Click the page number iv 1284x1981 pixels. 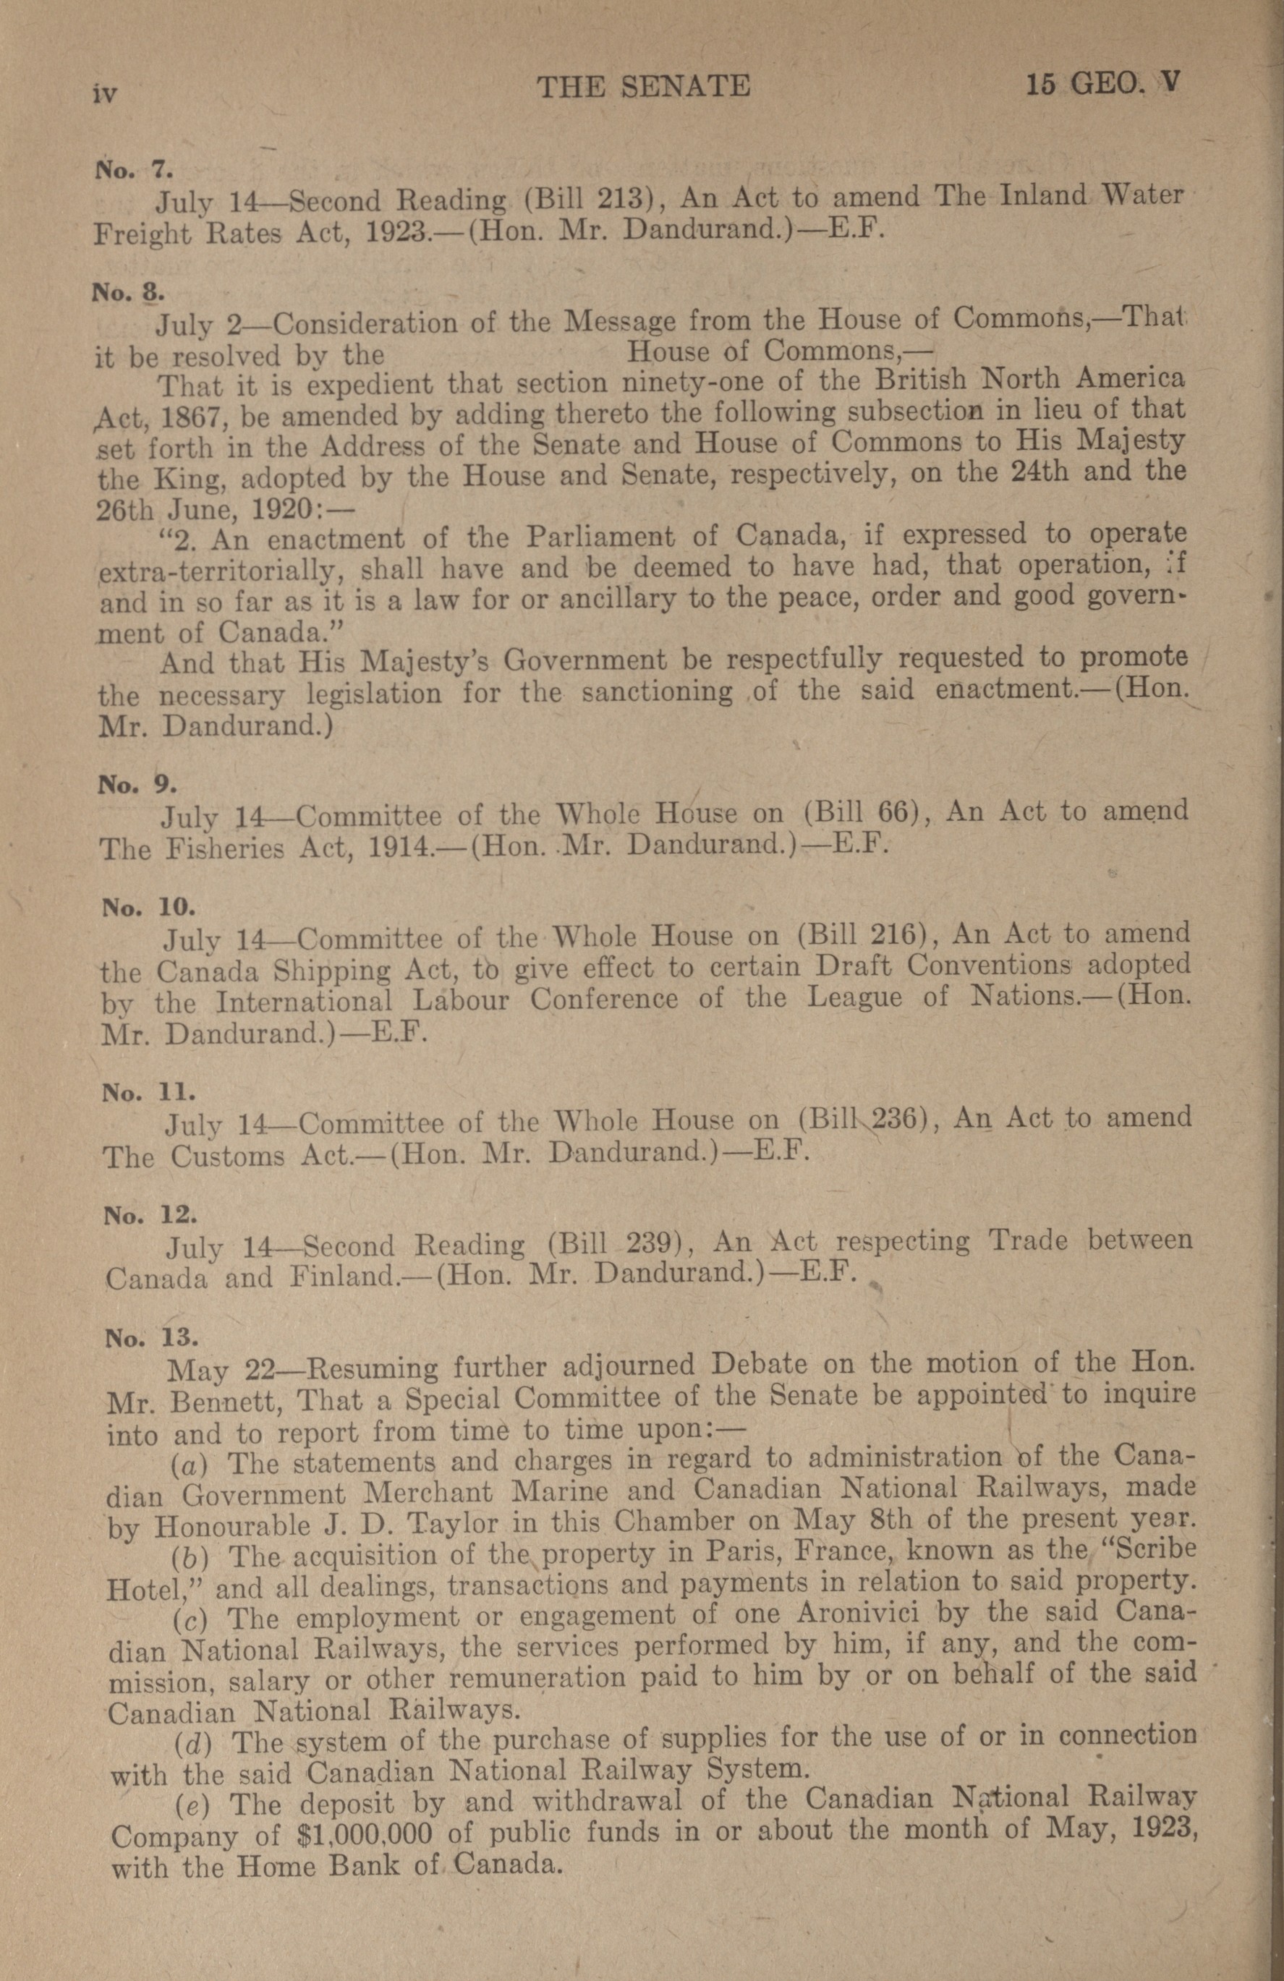point(105,94)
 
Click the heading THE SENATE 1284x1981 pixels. point(644,86)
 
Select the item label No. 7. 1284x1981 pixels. point(133,170)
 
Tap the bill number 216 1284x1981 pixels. point(893,936)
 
